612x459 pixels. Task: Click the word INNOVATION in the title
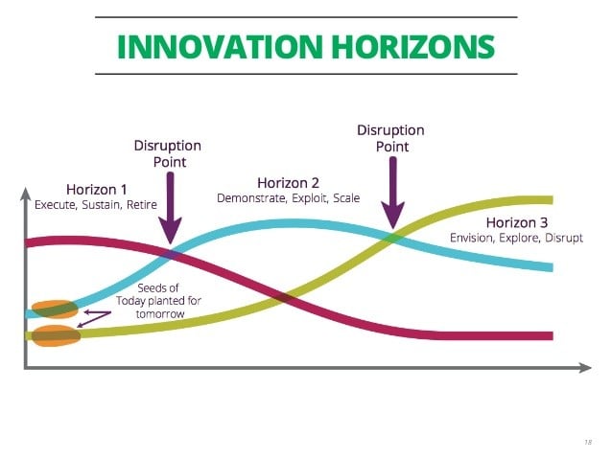220,47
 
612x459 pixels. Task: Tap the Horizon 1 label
97,190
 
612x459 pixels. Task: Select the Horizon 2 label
289,183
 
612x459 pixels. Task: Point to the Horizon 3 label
517,222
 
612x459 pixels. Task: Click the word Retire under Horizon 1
142,205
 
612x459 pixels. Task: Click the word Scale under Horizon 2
346,198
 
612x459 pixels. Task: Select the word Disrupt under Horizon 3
564,239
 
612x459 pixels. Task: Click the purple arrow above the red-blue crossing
170,208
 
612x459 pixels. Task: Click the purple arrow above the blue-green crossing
393,193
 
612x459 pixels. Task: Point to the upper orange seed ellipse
55,310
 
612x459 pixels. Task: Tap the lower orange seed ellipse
56,335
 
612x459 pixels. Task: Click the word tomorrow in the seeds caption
160,314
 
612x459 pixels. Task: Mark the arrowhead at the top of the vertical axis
25,194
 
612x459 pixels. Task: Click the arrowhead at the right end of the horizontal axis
585,367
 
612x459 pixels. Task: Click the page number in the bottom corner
588,443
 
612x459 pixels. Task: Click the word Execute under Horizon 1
55,205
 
